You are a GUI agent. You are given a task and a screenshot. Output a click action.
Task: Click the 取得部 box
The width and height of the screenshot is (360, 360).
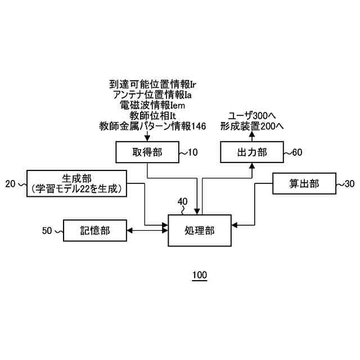click(147, 152)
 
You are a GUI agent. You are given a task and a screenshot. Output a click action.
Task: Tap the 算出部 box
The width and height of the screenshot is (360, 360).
click(304, 184)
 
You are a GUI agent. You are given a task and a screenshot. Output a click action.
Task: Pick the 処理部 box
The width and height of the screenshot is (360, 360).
click(199, 230)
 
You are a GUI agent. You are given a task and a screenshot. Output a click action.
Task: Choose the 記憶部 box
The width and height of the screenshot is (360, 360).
click(94, 230)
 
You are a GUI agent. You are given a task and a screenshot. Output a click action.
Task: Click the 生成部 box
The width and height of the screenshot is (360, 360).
click(76, 183)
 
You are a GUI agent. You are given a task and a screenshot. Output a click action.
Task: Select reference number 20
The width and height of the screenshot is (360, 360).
click(10, 183)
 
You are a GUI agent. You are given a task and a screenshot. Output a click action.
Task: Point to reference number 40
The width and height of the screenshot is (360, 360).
click(183, 201)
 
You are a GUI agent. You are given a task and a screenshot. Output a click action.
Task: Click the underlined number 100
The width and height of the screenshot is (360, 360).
click(200, 276)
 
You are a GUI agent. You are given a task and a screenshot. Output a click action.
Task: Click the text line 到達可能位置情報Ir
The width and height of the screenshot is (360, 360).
click(152, 84)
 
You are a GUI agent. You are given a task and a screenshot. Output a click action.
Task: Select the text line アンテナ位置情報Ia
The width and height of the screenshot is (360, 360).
click(152, 94)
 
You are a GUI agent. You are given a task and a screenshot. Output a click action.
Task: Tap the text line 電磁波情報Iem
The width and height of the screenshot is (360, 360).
click(152, 105)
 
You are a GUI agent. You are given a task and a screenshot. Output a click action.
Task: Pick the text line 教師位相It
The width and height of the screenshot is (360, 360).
click(152, 116)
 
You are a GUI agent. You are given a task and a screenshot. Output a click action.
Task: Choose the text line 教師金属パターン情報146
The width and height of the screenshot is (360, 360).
click(152, 127)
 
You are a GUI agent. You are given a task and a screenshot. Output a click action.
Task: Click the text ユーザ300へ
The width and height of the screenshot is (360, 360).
click(251, 116)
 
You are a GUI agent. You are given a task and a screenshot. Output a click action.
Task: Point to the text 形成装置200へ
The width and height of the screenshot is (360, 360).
click(251, 127)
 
